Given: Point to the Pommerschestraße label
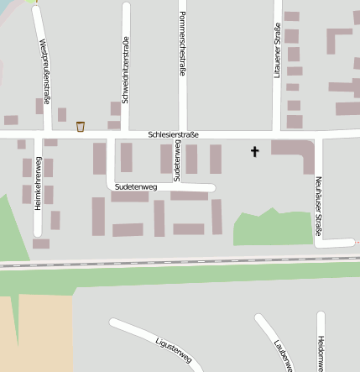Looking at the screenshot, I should click(181, 45).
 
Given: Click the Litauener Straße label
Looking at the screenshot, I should click(278, 51).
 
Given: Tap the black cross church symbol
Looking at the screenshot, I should click(255, 152).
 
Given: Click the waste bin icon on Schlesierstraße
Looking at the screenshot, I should click(81, 127).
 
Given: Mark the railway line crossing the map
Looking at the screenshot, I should click(180, 263).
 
